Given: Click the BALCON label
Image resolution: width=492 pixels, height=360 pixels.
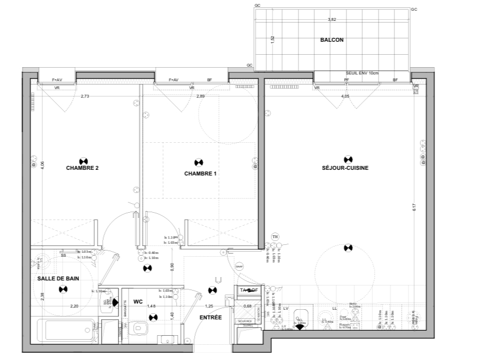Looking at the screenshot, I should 332,40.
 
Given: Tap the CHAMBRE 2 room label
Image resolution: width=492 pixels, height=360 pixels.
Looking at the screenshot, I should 82,168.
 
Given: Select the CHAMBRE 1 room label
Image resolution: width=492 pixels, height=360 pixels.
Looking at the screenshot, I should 200,174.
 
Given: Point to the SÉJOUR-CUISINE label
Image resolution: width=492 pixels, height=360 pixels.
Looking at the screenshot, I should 345,168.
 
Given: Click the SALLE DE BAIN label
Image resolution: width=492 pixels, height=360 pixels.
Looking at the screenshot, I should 59,279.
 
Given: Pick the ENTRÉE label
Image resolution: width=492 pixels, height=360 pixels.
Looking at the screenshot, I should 210,318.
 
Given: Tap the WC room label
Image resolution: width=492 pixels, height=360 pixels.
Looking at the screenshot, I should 138,302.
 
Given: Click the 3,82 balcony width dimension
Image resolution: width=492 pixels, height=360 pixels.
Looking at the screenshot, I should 332,20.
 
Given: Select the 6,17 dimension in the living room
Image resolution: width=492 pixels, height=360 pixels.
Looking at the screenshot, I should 414,207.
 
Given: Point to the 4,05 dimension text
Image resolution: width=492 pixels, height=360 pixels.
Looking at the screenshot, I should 345,96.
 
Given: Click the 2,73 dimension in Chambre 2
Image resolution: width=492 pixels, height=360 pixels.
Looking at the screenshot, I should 85,96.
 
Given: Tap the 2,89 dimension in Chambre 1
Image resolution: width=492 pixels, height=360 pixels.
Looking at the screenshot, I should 200,96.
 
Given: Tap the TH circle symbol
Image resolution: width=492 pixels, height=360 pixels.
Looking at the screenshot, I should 275,236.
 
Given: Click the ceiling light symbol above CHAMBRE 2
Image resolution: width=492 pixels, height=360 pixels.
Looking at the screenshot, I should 83,160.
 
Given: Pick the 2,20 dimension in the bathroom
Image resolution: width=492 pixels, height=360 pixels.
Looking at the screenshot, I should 74,306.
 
